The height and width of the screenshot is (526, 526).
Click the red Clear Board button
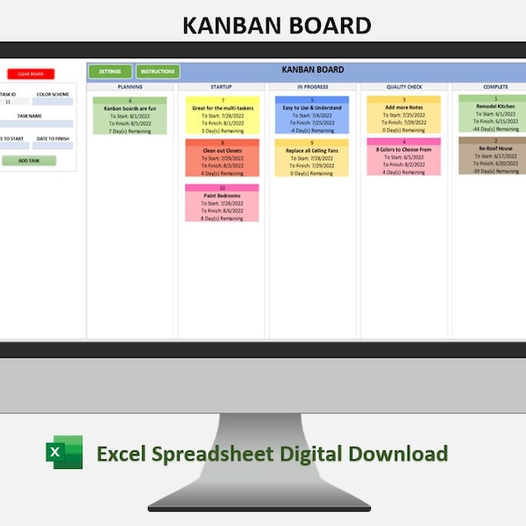coord(31,75)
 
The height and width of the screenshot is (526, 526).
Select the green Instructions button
coord(158,72)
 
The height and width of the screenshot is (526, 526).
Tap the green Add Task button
coord(29,160)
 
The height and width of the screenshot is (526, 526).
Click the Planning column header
coord(130,87)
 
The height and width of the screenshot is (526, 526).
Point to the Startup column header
coord(222,87)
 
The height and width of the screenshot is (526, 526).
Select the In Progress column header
coord(312,87)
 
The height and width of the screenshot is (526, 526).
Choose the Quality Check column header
coord(403,87)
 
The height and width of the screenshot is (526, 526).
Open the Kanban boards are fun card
coord(130,116)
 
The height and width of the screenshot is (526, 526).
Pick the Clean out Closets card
coord(222,158)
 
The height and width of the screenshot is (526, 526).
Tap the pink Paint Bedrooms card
coord(222,203)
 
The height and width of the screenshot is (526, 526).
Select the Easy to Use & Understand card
coord(312,116)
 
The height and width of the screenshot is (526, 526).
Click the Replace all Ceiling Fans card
coord(312,158)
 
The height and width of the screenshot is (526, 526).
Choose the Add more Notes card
coord(403,116)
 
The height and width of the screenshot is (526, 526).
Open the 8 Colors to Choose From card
coord(403,158)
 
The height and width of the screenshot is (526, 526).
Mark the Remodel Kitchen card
coord(493,114)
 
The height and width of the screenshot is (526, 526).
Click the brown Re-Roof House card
coord(493,156)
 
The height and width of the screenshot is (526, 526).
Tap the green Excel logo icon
coord(64,452)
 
